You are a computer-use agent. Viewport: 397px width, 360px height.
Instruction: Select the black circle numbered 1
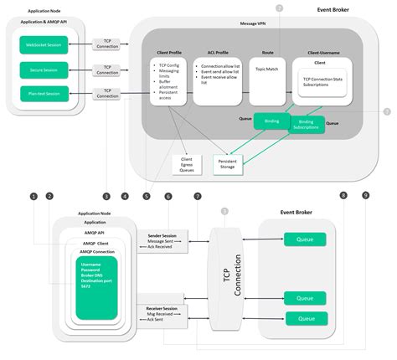pyautogui.click(x=34, y=196)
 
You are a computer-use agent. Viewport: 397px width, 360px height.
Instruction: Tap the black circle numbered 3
pyautogui.click(x=106, y=196)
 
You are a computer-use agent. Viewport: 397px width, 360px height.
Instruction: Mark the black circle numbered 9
pyautogui.click(x=365, y=196)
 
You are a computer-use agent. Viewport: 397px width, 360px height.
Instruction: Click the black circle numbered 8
pyautogui.click(x=342, y=196)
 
